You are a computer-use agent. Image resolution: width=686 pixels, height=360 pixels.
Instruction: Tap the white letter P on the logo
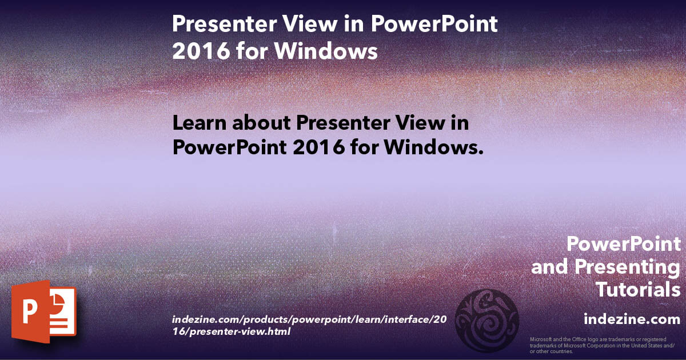pos(29,313)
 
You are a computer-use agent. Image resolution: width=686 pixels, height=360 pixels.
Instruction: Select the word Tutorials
pos(637,289)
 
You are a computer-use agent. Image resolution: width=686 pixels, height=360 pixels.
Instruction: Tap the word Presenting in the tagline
pos(627,267)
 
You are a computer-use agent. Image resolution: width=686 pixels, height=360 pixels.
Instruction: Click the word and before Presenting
pos(550,267)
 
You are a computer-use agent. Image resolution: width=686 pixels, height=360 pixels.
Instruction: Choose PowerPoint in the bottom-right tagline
pos(624,245)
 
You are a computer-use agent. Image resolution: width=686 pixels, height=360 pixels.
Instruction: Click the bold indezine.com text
pos(632,318)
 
